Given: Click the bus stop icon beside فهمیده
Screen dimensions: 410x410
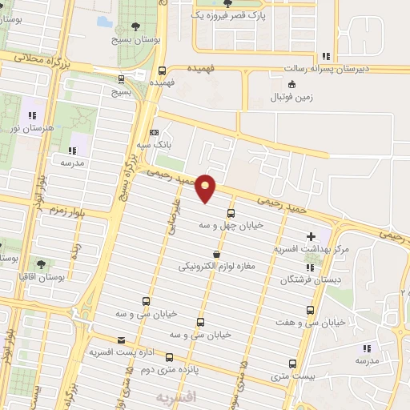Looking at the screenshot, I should point(163,70).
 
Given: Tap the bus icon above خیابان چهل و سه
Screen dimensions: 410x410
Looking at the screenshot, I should point(231,213).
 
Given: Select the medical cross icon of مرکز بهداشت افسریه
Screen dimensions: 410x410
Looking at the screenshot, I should point(311,236).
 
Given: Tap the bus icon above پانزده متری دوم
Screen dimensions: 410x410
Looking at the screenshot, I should point(168,358).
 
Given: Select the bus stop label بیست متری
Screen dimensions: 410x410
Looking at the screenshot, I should point(288,375).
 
